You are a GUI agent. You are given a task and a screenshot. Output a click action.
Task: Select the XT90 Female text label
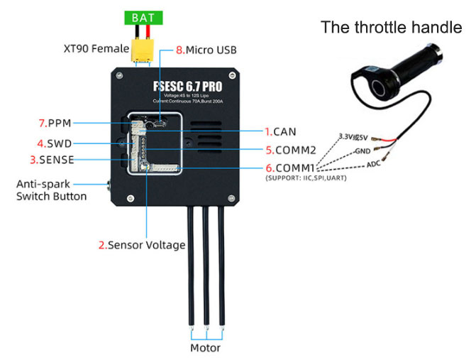pyautogui.click(x=92, y=50)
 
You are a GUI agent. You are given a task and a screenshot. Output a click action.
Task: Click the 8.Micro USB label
pyautogui.click(x=206, y=50)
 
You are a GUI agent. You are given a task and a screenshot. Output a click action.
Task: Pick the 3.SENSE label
pyautogui.click(x=52, y=159)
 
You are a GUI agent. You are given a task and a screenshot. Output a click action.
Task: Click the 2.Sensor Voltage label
pyautogui.click(x=141, y=245)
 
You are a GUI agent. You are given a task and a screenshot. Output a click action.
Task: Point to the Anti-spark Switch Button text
pyautogui.click(x=51, y=190)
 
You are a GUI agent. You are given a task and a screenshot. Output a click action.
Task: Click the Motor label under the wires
pyautogui.click(x=205, y=348)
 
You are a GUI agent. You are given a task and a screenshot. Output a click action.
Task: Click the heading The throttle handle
pyautogui.click(x=392, y=27)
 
